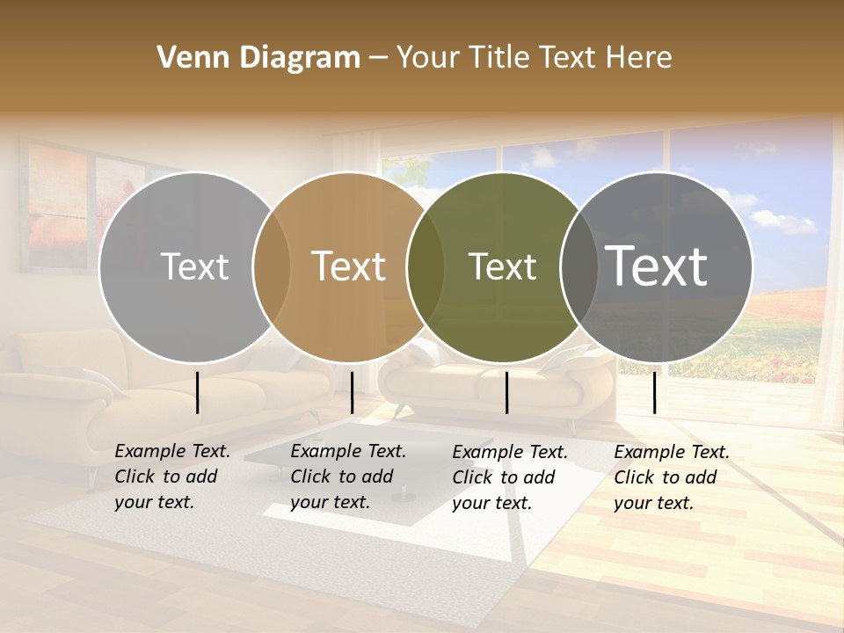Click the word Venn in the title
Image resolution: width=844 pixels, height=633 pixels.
[x=186, y=58]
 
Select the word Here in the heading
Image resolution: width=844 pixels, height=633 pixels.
[x=640, y=58]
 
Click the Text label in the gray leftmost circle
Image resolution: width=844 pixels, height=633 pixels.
[x=194, y=266]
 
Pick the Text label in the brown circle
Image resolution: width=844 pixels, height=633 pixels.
[x=349, y=266]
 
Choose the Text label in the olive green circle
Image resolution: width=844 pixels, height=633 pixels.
[x=502, y=266]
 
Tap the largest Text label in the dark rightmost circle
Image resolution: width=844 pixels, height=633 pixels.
[x=657, y=266]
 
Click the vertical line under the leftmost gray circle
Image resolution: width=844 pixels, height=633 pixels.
[x=198, y=392]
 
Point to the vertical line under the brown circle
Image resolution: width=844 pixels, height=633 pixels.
[x=352, y=392]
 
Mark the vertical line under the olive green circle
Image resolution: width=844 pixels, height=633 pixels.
[x=507, y=392]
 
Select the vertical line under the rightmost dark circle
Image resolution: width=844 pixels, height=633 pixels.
[x=654, y=392]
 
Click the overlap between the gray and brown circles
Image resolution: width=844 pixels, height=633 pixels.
[x=272, y=266]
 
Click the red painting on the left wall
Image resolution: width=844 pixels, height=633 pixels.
[x=57, y=207]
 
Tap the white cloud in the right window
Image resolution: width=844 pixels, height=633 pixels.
[x=782, y=221]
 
